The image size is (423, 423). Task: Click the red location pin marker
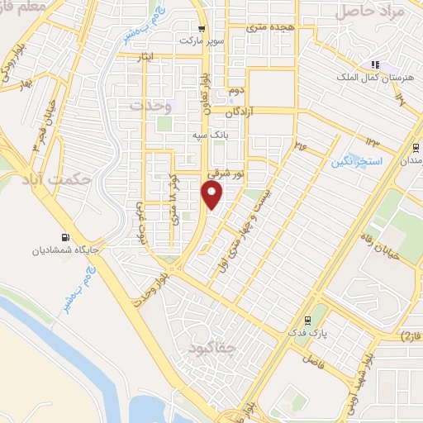pyautogui.click(x=212, y=195)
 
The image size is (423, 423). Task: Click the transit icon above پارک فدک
pyautogui.click(x=307, y=320)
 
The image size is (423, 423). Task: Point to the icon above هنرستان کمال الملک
pyautogui.click(x=374, y=64)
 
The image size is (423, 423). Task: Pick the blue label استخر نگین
pyautogui.click(x=357, y=161)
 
